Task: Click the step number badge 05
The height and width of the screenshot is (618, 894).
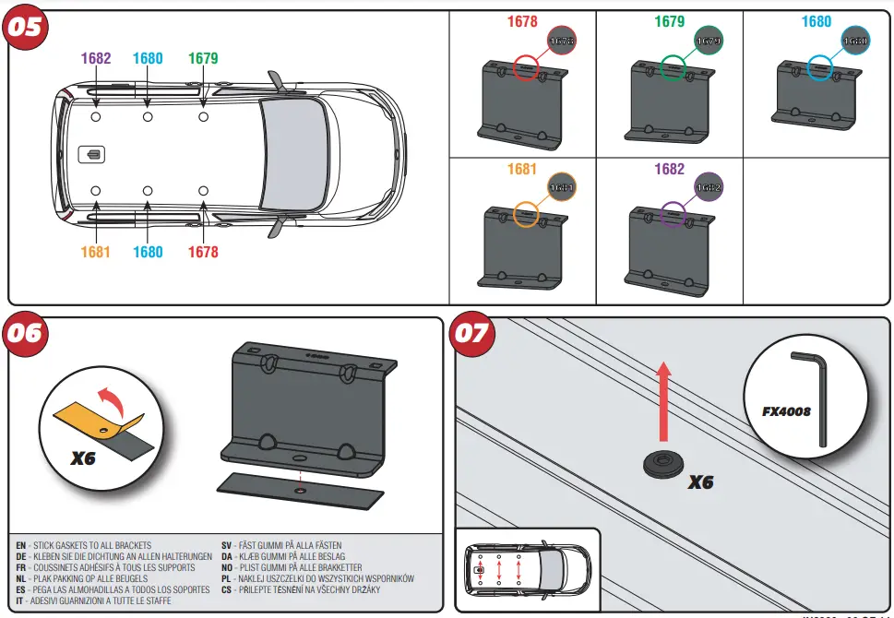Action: tap(25, 27)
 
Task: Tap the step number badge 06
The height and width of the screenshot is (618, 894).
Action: tap(25, 332)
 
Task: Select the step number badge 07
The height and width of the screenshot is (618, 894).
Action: tap(471, 332)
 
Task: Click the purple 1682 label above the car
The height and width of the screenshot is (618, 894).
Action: tap(96, 58)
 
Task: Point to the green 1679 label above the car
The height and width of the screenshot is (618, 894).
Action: tap(203, 58)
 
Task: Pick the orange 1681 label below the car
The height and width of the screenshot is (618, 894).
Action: tap(96, 252)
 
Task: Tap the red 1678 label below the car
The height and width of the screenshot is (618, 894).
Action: tap(203, 252)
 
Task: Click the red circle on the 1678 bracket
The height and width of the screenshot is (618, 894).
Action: tap(526, 67)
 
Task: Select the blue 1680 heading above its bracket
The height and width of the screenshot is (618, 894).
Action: tap(816, 21)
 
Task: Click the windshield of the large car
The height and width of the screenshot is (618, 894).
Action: tap(292, 154)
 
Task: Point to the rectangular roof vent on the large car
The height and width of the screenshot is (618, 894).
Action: tap(93, 154)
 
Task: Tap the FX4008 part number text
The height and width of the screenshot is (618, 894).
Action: tap(786, 411)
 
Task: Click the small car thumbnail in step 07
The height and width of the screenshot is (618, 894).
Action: tap(528, 568)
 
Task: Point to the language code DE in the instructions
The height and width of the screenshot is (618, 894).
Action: tap(20, 557)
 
